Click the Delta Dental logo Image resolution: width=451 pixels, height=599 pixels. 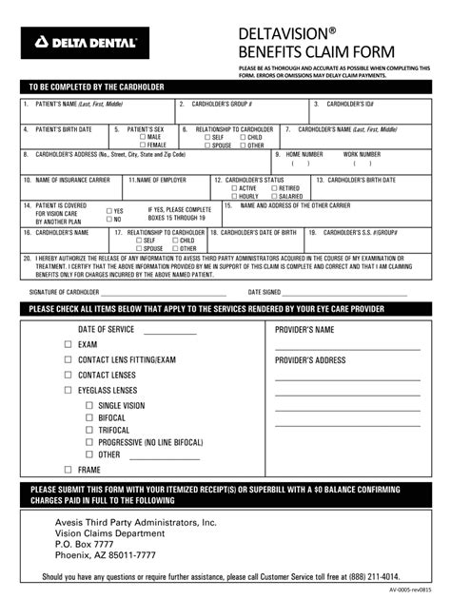click(81, 42)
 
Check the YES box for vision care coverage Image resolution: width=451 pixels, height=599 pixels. click(109, 211)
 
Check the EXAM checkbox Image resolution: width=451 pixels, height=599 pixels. click(68, 344)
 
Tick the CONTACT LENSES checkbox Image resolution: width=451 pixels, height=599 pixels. click(68, 375)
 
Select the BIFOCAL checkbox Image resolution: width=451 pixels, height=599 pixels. click(88, 417)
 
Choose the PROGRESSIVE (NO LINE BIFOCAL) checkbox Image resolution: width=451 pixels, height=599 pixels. click(88, 442)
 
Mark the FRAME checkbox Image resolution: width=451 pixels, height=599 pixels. click(68, 470)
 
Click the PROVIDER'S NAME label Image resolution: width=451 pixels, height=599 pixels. click(304, 329)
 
